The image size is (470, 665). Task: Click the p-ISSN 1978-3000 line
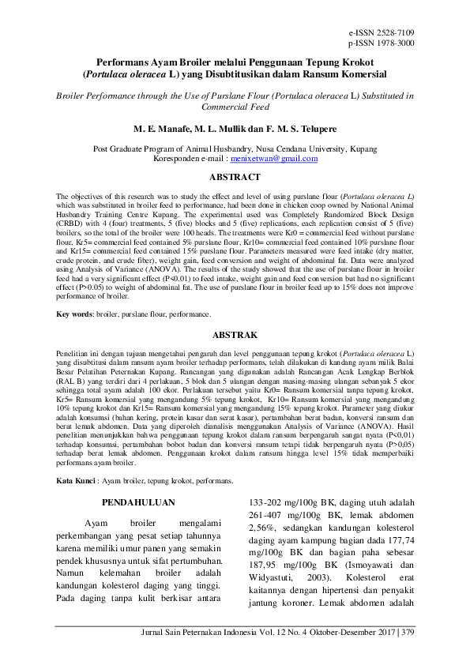(381, 43)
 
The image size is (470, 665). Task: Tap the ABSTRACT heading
(235, 178)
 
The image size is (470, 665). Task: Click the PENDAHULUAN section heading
(139, 502)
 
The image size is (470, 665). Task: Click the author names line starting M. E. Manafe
(235, 127)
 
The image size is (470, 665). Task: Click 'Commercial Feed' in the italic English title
(235, 107)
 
